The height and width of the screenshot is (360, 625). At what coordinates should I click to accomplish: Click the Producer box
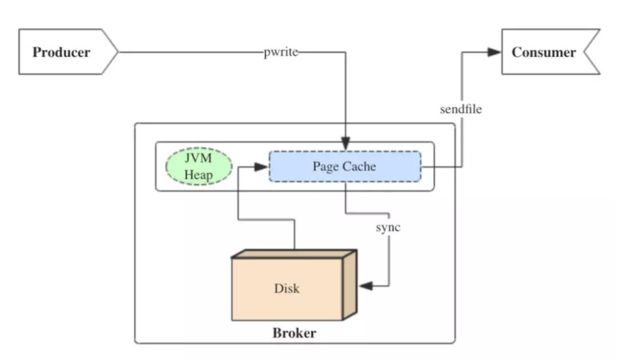[x=62, y=52]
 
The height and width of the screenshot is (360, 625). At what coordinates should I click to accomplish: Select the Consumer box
[x=543, y=52]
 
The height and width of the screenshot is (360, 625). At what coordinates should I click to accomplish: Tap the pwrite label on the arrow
[x=281, y=53]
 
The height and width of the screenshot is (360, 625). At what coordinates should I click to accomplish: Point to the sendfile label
[x=461, y=109]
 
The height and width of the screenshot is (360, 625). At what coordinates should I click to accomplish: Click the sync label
[x=388, y=227]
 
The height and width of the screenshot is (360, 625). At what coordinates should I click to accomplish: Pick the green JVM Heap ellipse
[x=199, y=166]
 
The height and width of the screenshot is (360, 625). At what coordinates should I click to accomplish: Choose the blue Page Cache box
[x=345, y=166]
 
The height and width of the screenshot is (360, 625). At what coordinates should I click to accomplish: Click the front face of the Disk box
[x=287, y=289]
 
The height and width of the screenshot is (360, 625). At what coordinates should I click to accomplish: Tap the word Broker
[x=294, y=332]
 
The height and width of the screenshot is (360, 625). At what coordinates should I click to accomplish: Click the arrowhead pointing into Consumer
[x=494, y=52]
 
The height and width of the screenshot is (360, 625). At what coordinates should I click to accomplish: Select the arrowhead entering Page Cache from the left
[x=261, y=167]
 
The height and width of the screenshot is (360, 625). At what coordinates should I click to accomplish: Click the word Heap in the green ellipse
[x=199, y=175]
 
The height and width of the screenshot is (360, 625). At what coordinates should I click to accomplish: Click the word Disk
[x=287, y=289]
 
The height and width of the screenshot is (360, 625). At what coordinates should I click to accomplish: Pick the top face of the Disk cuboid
[x=294, y=253]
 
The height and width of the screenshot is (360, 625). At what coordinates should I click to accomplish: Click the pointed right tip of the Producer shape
[x=116, y=52]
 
